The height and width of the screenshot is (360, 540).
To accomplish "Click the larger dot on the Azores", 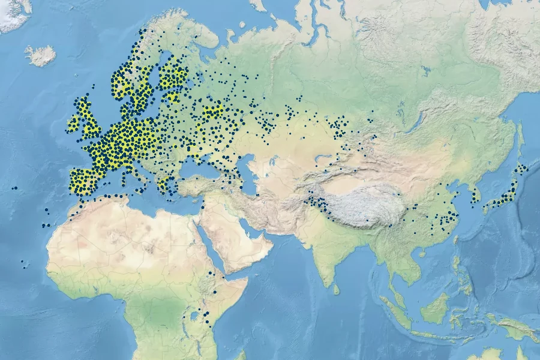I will [16, 188].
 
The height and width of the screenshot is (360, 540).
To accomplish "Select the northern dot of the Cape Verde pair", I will [22, 262].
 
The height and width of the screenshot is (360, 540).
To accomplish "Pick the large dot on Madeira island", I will [47, 209].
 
